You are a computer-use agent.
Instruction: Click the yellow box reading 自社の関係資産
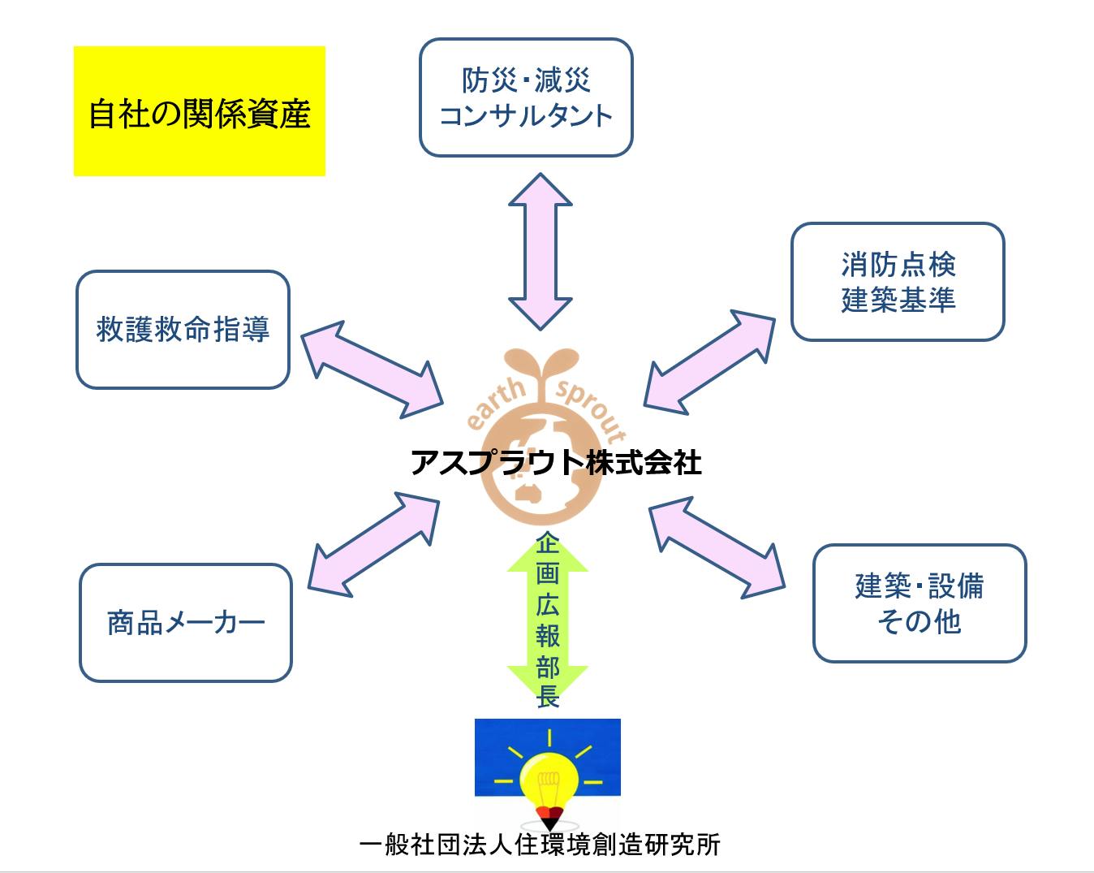[199, 111]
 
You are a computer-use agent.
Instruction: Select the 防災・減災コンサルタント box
[525, 97]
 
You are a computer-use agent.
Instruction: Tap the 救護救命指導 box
[183, 330]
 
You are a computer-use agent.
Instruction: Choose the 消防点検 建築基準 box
[898, 282]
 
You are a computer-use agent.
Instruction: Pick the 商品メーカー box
[185, 623]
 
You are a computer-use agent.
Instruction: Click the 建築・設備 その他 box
[920, 603]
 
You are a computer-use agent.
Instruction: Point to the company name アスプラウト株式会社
[556, 463]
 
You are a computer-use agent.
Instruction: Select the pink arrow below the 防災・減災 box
[541, 251]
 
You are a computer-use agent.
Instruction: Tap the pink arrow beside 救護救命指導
[372, 370]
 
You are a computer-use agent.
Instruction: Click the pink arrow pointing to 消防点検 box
[710, 358]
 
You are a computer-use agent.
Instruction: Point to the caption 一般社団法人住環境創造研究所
[540, 845]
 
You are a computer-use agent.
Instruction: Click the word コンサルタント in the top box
[525, 115]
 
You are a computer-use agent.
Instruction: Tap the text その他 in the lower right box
[919, 622]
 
